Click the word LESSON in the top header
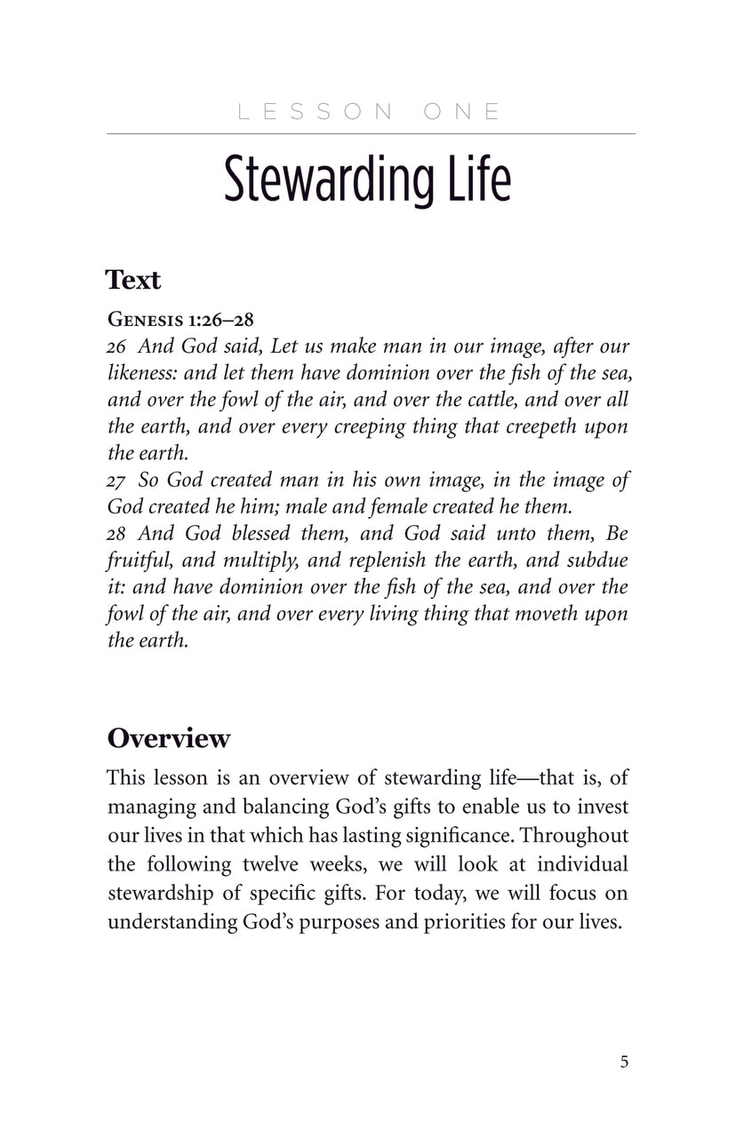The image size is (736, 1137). pos(316,112)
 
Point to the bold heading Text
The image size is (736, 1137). pos(133,280)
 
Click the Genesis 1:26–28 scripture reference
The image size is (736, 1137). pos(180,319)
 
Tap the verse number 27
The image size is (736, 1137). pos(117,481)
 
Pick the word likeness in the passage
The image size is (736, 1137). pos(142,373)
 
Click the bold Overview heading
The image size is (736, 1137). pos(169,739)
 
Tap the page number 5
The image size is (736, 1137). pos(624,1061)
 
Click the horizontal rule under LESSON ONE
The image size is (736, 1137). pos(371,134)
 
